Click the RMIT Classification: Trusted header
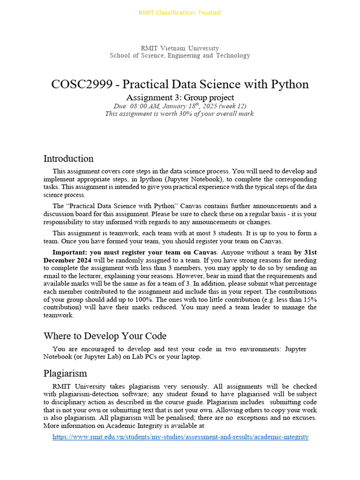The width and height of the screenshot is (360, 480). (180, 13)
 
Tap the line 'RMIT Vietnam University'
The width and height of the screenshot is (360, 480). (180, 48)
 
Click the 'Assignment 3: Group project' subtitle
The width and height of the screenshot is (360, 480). (180, 97)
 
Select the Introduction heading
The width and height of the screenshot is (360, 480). (68, 158)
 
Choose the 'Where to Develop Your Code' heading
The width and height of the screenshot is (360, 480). (105, 336)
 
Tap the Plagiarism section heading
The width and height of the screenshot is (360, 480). (65, 374)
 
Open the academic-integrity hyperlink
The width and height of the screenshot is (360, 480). (180, 437)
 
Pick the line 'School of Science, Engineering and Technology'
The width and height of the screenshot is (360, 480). (180, 56)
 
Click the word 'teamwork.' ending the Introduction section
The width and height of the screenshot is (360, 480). (59, 315)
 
